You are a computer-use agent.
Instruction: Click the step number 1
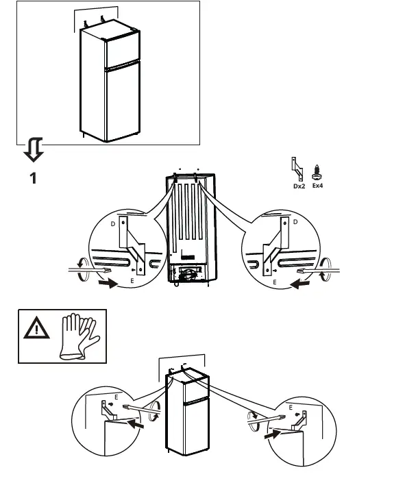coord(32,179)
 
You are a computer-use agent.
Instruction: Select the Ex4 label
coord(317,185)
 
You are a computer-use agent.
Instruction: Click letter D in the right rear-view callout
coord(295,223)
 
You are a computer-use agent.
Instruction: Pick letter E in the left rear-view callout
coord(132,282)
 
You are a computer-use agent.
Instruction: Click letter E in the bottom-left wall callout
coord(116,397)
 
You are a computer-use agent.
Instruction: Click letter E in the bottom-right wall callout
coord(291,408)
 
